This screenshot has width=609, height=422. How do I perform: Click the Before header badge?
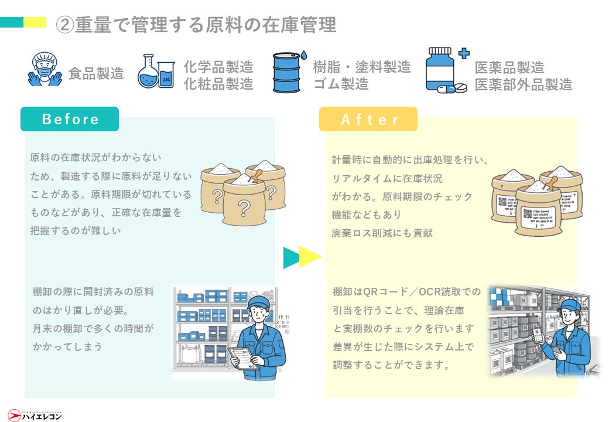(70, 120)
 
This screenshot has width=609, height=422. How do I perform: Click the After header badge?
(368, 120)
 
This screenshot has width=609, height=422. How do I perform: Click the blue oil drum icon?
(288, 73)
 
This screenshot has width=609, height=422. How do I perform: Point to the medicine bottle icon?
(443, 70)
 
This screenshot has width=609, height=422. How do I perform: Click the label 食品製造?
(96, 74)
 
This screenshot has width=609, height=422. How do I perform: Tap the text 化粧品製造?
(218, 84)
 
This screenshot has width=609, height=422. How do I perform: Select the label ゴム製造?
(340, 84)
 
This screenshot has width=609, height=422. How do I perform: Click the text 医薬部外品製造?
(523, 84)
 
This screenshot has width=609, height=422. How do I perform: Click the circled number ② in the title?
(64, 25)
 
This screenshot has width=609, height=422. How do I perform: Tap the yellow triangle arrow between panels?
(310, 257)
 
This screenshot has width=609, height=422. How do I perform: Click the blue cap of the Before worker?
(258, 302)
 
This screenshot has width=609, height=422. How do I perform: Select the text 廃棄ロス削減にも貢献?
(382, 233)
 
